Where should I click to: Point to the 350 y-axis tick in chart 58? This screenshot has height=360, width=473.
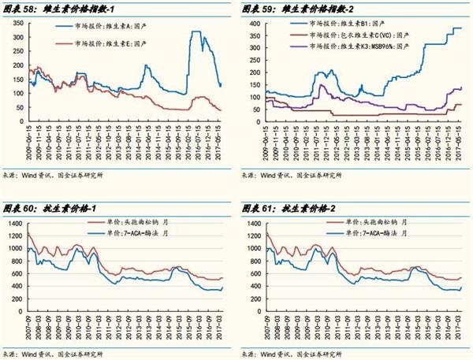pyautogui.click(x=15, y=24)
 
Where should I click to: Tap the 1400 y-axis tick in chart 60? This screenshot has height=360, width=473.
pyautogui.click(x=13, y=225)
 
